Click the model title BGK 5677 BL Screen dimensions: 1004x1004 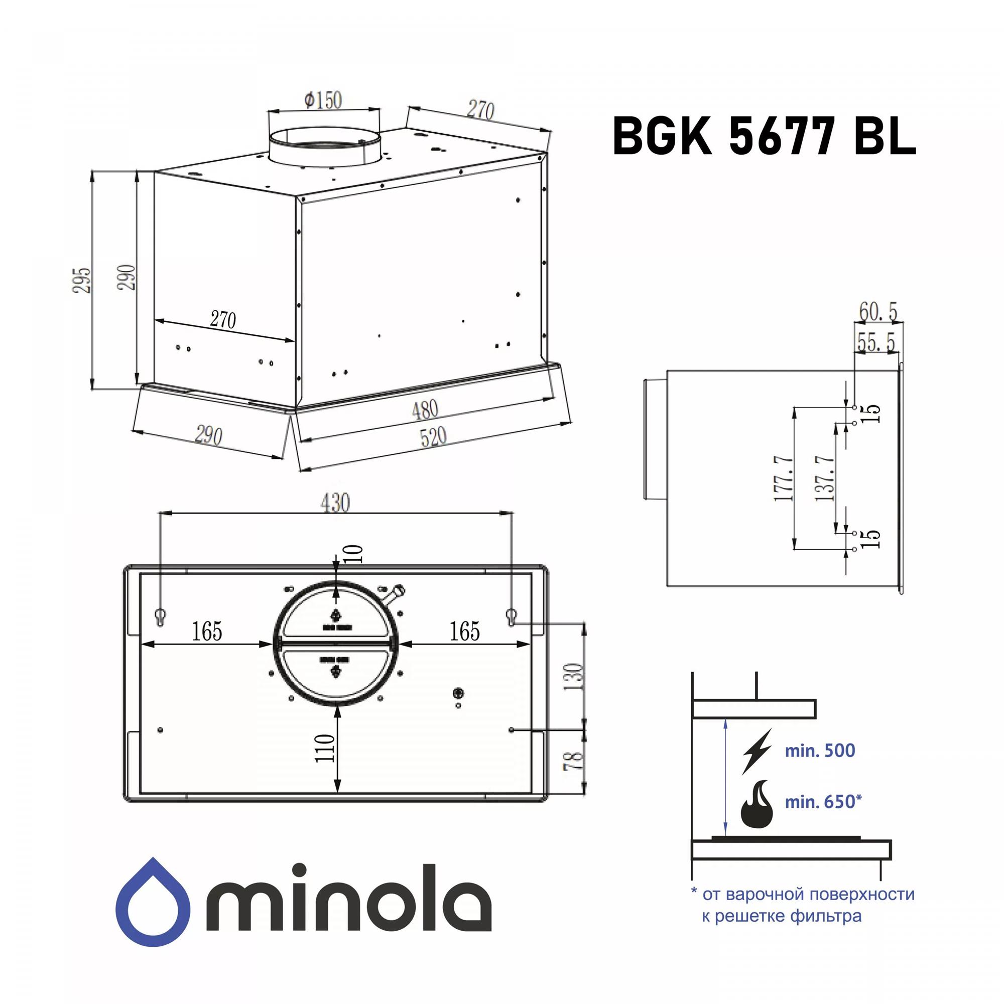(764, 136)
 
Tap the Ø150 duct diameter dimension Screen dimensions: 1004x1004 (323, 100)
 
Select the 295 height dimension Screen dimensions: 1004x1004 (82, 280)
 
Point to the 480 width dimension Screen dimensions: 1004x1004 (425, 410)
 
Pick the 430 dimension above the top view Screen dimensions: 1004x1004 (335, 503)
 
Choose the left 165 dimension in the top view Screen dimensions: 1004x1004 (207, 632)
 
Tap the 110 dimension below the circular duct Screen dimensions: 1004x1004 (325, 748)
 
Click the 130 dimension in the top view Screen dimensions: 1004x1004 (574, 676)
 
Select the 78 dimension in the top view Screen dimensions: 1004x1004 (574, 760)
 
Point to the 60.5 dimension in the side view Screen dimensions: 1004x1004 (877, 311)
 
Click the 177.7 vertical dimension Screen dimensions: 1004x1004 (784, 477)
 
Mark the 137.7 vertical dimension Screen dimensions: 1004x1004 (825, 477)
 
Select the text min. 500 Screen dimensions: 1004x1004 (820, 750)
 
